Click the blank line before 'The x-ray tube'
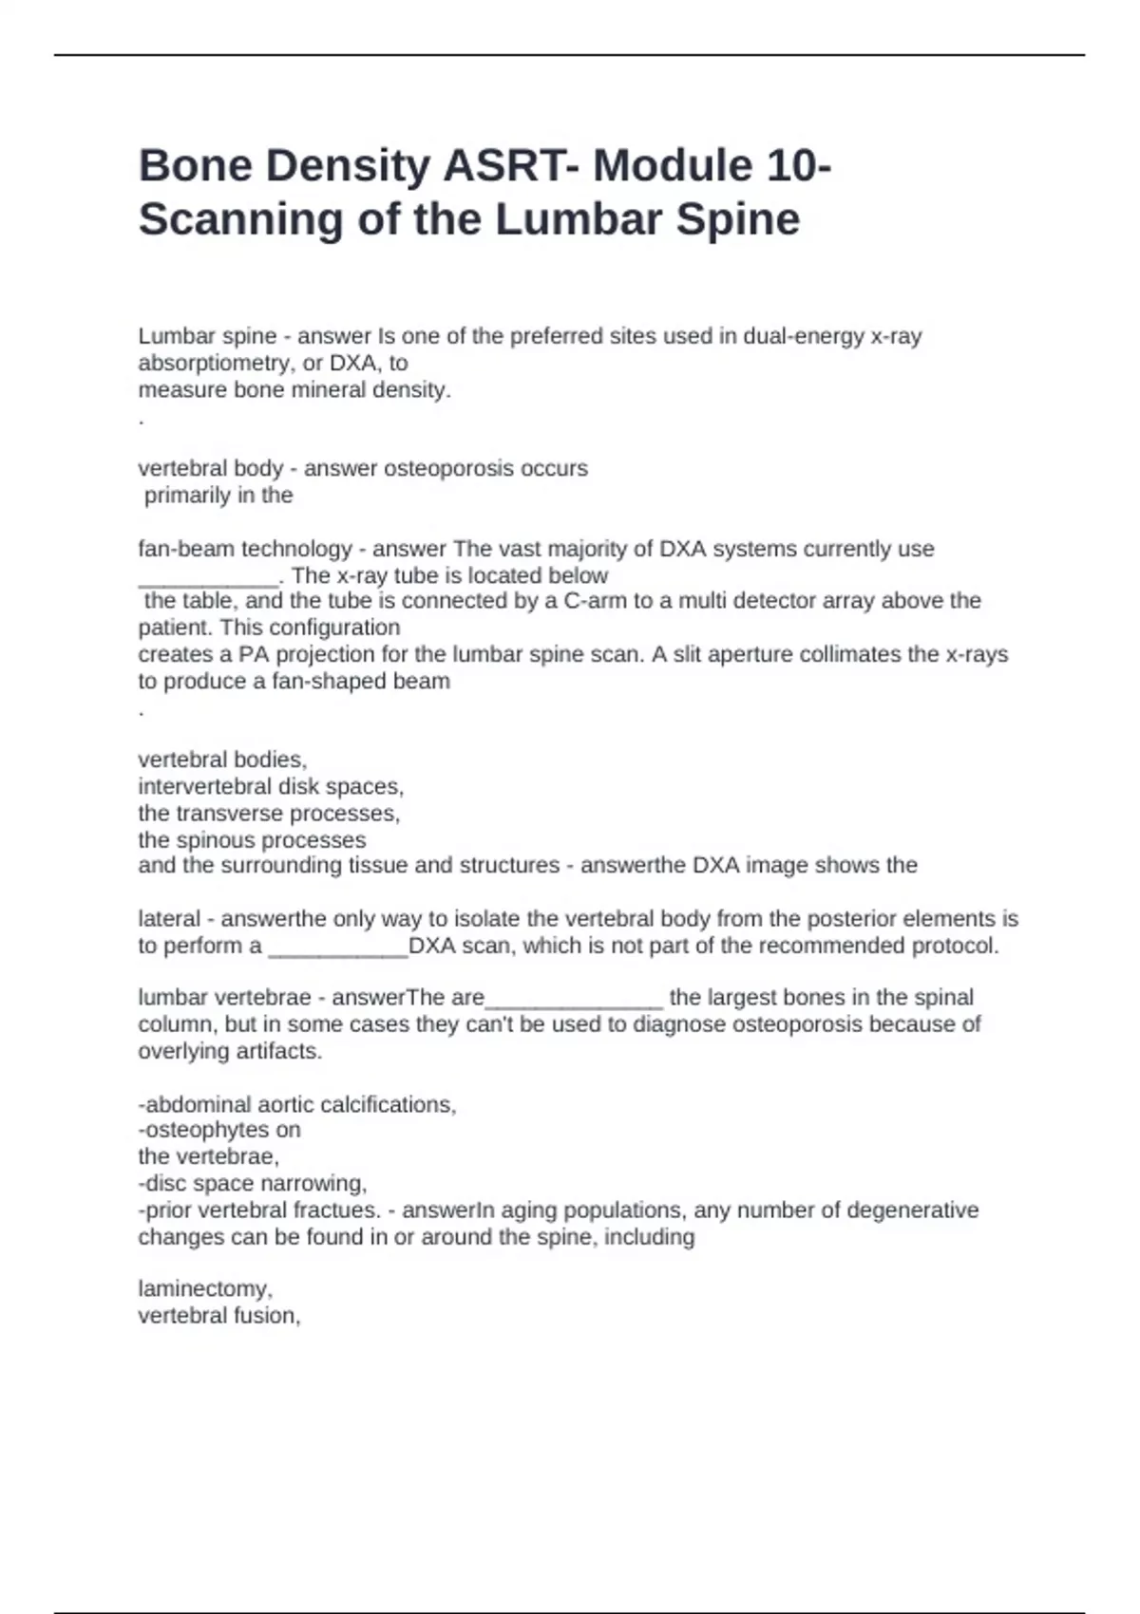click(x=208, y=577)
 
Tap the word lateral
click(x=169, y=919)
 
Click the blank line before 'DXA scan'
click(x=337, y=948)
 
